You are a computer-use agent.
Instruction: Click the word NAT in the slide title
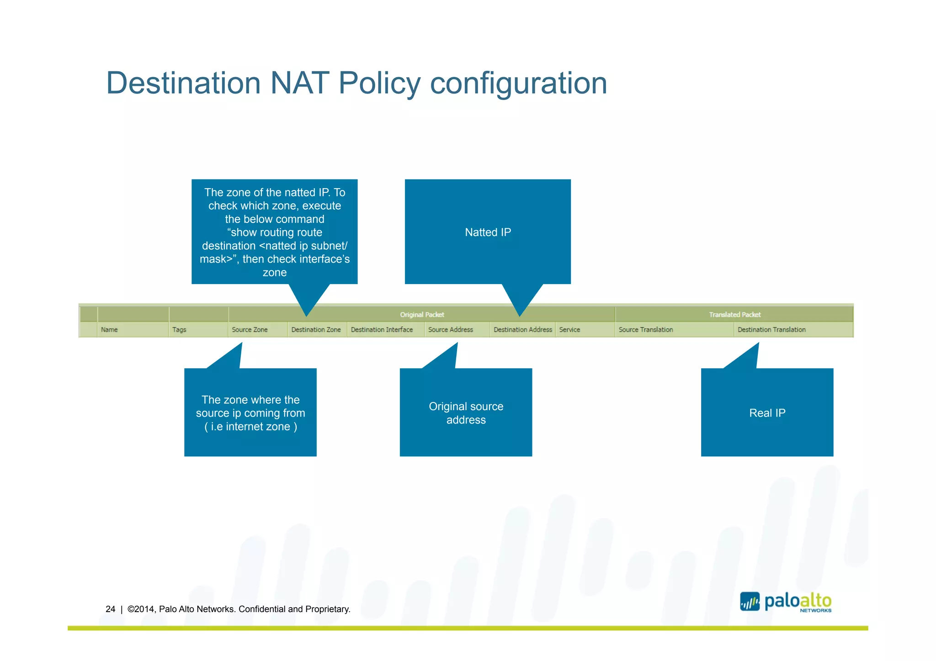click(x=299, y=83)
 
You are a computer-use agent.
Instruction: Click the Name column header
click(x=109, y=329)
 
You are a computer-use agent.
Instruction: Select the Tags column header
click(x=179, y=329)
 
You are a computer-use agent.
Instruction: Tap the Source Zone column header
click(x=250, y=329)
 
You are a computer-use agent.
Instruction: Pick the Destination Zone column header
click(x=316, y=329)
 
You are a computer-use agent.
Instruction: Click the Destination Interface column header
click(x=382, y=329)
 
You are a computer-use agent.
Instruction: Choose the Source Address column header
click(x=450, y=329)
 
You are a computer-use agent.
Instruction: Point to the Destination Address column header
click(x=522, y=329)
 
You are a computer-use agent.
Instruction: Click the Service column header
click(x=569, y=329)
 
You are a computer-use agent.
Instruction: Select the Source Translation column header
click(x=645, y=329)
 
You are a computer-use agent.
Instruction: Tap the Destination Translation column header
click(x=771, y=329)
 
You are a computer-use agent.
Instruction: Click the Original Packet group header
click(x=422, y=314)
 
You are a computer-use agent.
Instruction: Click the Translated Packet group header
click(x=734, y=314)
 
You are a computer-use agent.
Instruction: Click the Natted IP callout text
click(x=488, y=232)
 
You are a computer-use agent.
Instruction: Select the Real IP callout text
click(x=767, y=413)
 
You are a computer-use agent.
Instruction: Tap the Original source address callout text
click(x=466, y=413)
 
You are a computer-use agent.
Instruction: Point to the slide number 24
click(x=110, y=609)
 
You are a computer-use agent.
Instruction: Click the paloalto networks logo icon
click(x=750, y=601)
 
